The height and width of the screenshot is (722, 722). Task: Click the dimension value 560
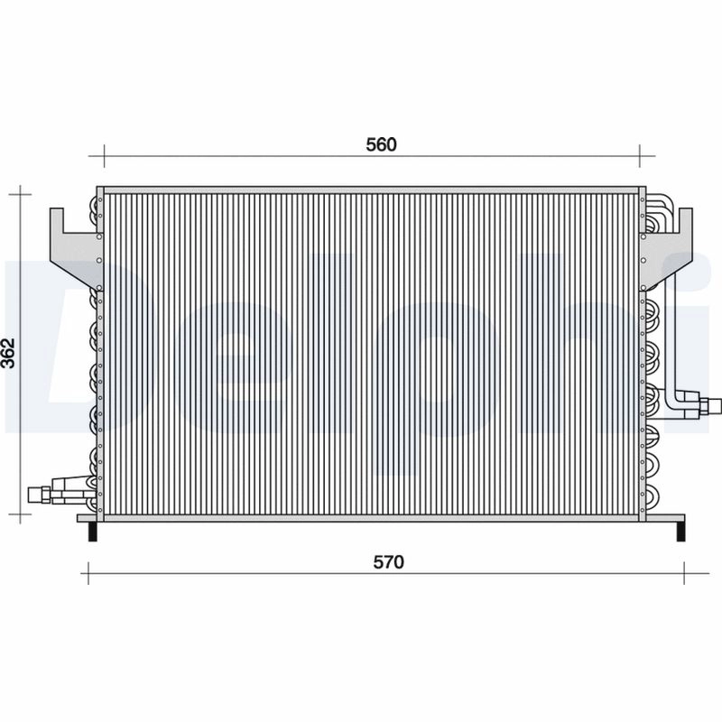pos(382,144)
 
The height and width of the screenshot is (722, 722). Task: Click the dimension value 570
pos(387,561)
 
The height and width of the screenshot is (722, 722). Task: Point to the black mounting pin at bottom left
pos(90,532)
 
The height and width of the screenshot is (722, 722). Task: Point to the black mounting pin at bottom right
pos(679,532)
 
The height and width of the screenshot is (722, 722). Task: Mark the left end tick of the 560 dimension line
pos(105,154)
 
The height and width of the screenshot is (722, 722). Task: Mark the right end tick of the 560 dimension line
pos(640,154)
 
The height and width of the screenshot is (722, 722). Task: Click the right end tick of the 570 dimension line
pos(684,571)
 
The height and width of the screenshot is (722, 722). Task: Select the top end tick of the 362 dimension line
pos(21,192)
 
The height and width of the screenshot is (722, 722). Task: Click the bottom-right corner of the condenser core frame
pos(642,520)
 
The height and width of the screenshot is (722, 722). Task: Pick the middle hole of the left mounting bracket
pos(94,238)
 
